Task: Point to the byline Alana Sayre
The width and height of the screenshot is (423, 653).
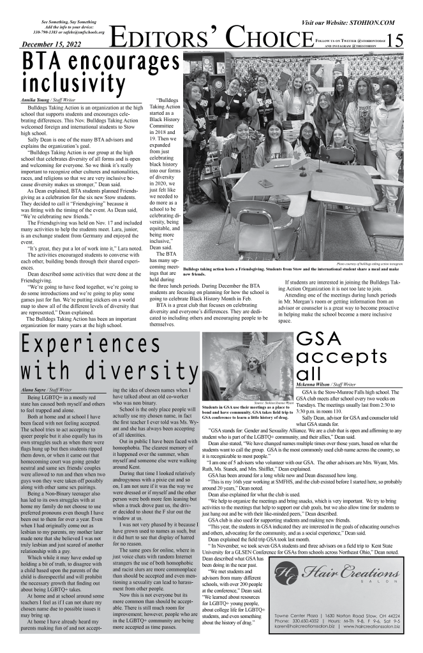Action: (x=34, y=387)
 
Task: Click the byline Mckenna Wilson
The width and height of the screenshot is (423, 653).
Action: (x=318, y=385)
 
